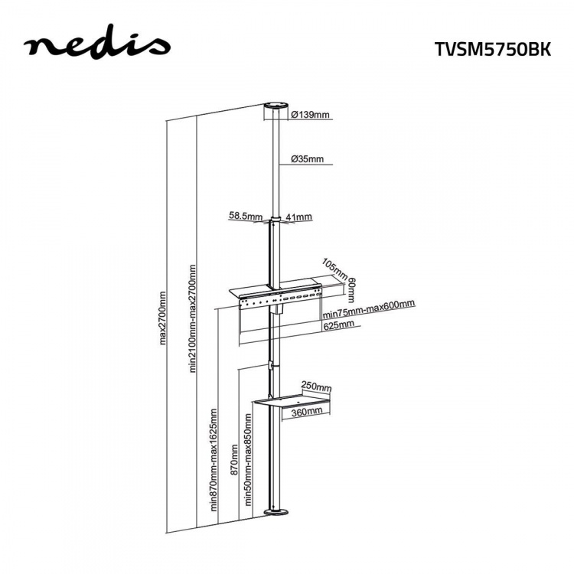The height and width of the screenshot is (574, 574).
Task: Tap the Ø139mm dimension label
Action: (x=310, y=115)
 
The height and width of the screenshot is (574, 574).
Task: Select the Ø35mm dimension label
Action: (x=307, y=160)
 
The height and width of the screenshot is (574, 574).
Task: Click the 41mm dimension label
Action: (x=299, y=217)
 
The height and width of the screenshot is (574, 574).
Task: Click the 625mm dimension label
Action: (x=338, y=325)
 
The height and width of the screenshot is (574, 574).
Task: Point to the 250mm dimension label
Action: (x=316, y=386)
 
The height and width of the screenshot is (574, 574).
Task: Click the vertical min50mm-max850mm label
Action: (x=248, y=459)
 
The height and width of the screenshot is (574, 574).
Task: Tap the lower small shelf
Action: (x=293, y=400)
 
